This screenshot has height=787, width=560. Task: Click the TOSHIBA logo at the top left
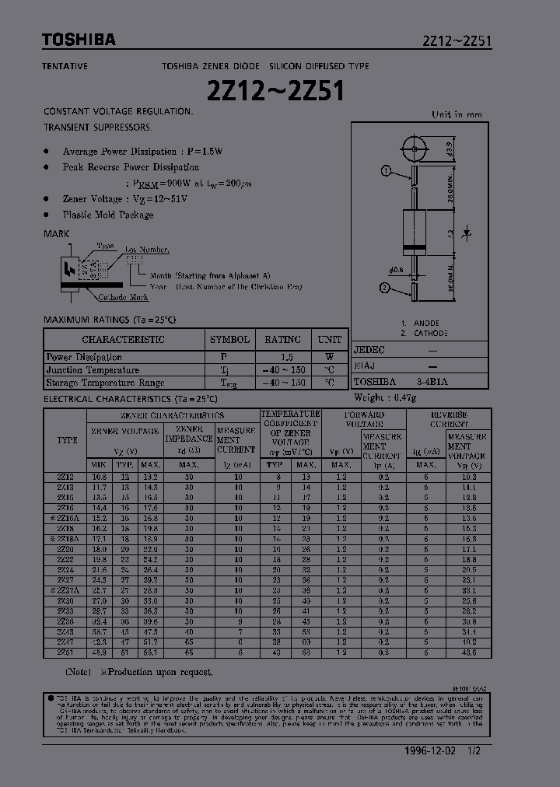click(78, 40)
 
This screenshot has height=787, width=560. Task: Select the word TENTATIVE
click(65, 67)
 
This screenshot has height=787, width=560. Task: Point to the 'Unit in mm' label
click(457, 114)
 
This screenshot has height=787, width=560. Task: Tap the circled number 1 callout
click(386, 171)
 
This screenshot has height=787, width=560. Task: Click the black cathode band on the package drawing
click(413, 248)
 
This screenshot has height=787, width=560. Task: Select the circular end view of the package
click(413, 147)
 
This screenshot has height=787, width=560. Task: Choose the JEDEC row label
click(369, 351)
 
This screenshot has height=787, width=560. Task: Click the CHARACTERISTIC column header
click(123, 340)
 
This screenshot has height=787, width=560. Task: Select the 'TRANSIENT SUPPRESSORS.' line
click(98, 126)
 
